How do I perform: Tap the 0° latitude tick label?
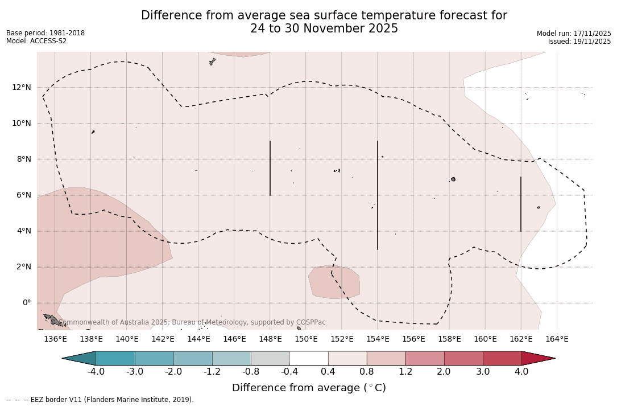pyautogui.click(x=26, y=303)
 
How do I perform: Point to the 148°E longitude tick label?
pyautogui.click(x=270, y=339)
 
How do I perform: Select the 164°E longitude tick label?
pyautogui.click(x=557, y=339)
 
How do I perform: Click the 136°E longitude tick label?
pyautogui.click(x=55, y=339)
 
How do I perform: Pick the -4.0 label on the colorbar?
pyautogui.click(x=96, y=372)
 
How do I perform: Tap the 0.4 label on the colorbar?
pyautogui.click(x=328, y=372)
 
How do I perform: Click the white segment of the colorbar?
pyautogui.click(x=309, y=358)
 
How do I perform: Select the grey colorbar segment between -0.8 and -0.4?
pyautogui.click(x=270, y=358)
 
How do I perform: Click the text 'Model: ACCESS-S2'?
pyautogui.click(x=36, y=41)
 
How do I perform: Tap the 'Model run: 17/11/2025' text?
pyautogui.click(x=574, y=34)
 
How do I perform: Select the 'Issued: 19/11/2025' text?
pyautogui.click(x=579, y=42)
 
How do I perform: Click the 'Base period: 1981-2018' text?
pyautogui.click(x=45, y=33)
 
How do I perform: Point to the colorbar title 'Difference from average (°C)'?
pyautogui.click(x=309, y=388)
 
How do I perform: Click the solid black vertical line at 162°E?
pyautogui.click(x=521, y=204)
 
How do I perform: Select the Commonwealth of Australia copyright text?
pyautogui.click(x=192, y=322)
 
